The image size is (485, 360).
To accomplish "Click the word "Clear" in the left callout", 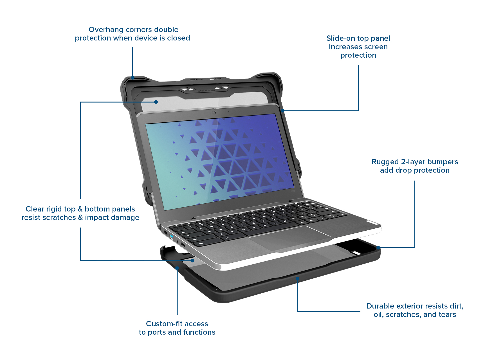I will click(x=35, y=209).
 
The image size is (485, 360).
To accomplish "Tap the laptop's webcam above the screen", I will click(x=214, y=112).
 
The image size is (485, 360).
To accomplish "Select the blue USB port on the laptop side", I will click(x=171, y=236).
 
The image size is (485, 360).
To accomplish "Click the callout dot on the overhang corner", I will click(x=133, y=78).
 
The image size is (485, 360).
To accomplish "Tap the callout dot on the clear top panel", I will click(x=156, y=102).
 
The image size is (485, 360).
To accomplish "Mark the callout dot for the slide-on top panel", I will click(x=283, y=111).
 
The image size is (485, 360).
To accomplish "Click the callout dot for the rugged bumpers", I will click(x=378, y=248).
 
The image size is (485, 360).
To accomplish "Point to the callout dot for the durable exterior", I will click(x=297, y=278).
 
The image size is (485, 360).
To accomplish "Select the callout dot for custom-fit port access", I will click(x=177, y=268).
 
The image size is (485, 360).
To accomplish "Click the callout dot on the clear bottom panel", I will click(x=192, y=260).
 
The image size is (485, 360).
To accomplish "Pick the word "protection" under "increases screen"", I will click(x=358, y=55).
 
